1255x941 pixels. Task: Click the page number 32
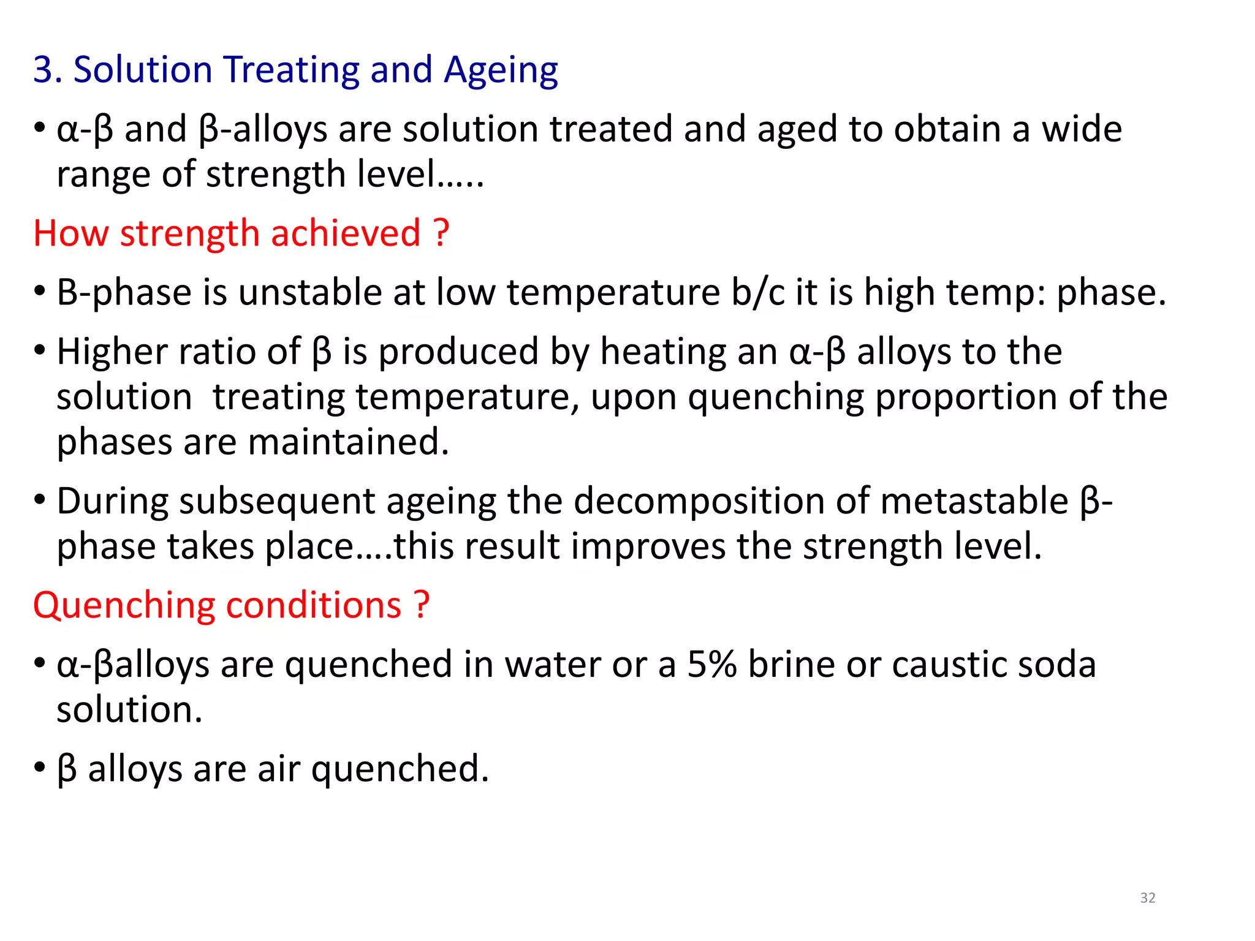click(x=1148, y=898)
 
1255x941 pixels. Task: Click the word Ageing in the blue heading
click(x=501, y=70)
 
